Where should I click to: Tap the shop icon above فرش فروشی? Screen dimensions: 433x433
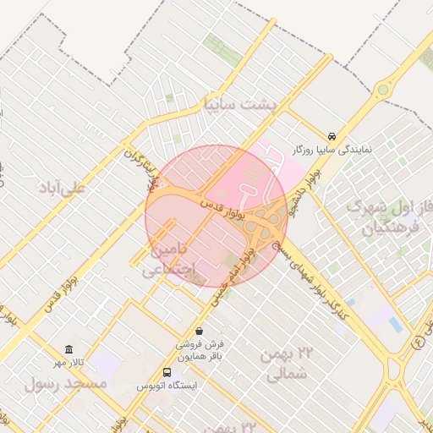coord(199,331)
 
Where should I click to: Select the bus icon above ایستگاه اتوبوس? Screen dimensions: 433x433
coord(167,372)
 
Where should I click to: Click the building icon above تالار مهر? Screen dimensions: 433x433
coord(69,349)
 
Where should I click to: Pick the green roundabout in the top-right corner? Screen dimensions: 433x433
coord(384,89)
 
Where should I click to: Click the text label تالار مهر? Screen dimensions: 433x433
coord(69,363)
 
